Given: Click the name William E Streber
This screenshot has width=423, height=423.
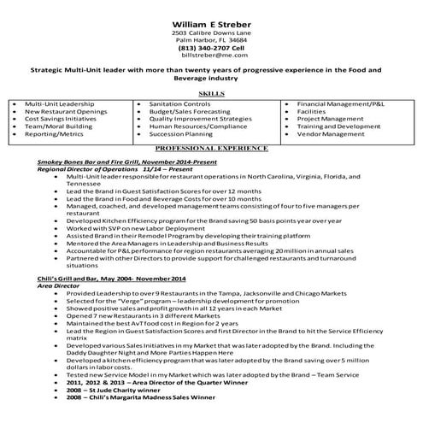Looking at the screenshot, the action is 210,10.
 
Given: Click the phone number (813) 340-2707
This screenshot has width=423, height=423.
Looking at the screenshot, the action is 210,48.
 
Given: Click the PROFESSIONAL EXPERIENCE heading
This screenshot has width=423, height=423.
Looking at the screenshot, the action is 210,147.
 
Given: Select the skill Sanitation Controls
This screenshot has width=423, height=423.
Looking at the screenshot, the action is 179,103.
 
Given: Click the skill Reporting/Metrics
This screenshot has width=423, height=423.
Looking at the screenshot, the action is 54,134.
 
